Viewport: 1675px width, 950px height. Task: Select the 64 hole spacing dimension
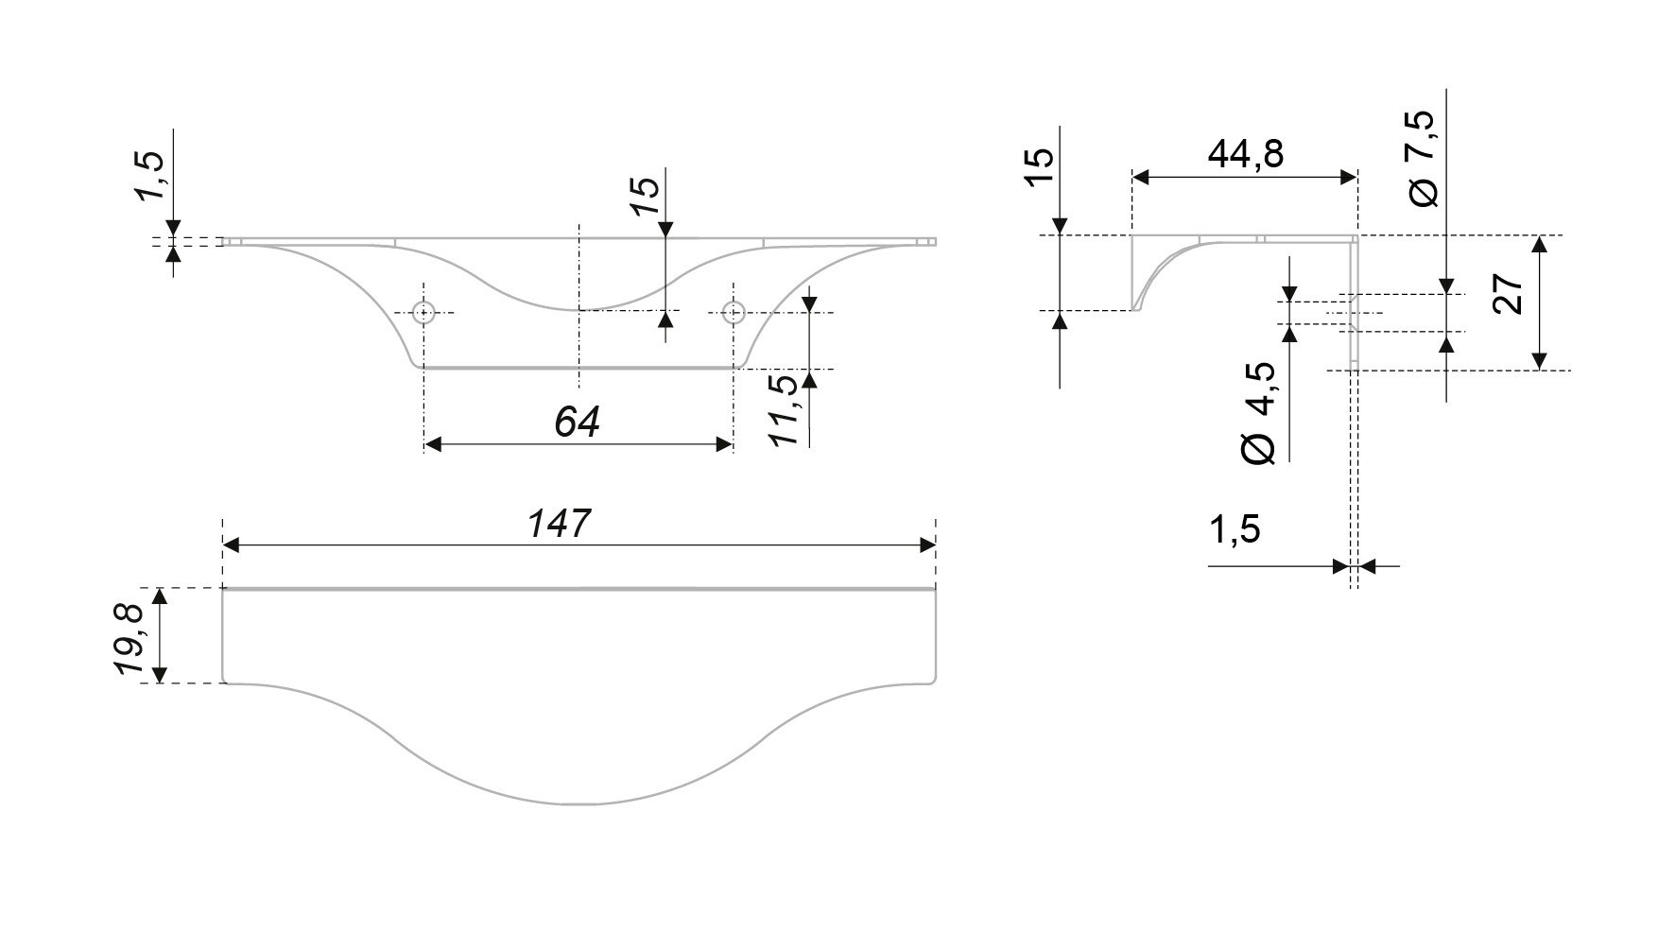click(578, 423)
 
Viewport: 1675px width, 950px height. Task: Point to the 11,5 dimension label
click(784, 409)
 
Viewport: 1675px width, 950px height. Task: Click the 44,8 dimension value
click(1245, 153)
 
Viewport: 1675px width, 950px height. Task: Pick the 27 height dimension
click(1510, 294)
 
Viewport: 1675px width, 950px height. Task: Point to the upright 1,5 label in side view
click(1234, 530)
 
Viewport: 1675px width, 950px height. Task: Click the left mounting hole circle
click(424, 311)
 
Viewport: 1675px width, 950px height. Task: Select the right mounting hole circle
click(733, 311)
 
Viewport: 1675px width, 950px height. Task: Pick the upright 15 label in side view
click(1038, 168)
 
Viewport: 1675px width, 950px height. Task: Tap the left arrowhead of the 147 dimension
click(230, 545)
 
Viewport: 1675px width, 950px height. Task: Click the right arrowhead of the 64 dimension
click(726, 443)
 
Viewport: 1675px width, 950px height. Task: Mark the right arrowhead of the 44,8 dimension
click(1350, 177)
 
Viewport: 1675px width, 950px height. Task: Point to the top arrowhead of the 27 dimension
click(1539, 243)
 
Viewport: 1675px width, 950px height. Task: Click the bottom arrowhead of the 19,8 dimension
click(160, 674)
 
